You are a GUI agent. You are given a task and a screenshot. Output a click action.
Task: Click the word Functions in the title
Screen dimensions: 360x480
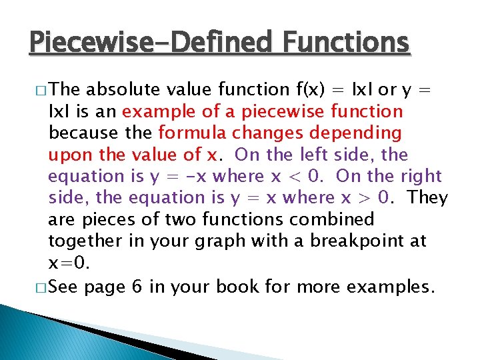(346, 42)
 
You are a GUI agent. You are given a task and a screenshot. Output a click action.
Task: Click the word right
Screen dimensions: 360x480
(421, 176)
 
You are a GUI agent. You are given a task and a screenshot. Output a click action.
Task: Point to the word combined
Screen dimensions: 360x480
(333, 219)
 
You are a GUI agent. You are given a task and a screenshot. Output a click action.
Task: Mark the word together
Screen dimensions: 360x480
(85, 241)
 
